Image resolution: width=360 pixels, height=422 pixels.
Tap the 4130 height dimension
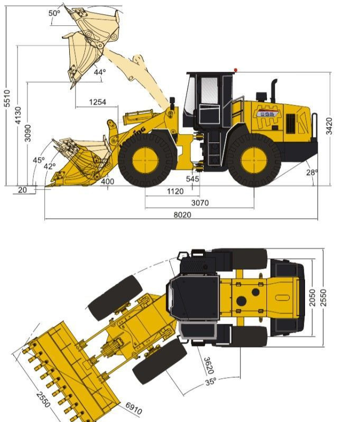[18, 115]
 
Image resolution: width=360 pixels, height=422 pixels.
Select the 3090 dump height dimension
[28, 133]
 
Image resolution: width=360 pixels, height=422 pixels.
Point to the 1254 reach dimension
[98, 102]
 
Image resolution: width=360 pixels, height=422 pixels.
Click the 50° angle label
[54, 13]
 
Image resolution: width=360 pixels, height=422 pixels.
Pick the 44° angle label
[100, 72]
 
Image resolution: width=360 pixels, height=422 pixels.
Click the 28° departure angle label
[312, 173]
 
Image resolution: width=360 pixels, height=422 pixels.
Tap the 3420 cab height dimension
[329, 126]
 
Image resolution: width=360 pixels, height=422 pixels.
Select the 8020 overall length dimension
[182, 215]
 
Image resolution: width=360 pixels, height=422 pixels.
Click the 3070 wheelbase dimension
[200, 203]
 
